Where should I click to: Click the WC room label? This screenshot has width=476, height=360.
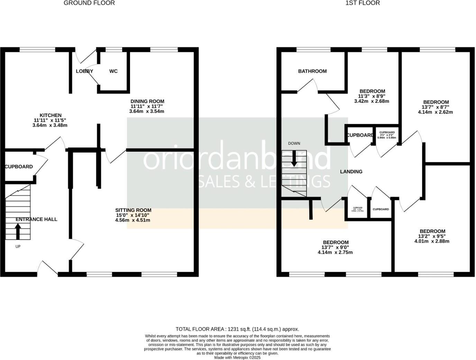tap(113, 71)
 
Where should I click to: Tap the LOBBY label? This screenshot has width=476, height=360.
tap(84, 71)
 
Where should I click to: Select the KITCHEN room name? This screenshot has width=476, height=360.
tap(51, 115)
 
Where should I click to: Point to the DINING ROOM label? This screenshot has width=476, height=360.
tap(147, 101)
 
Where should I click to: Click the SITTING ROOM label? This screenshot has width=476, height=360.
tap(133, 210)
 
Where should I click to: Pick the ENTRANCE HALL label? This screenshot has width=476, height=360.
tap(36, 219)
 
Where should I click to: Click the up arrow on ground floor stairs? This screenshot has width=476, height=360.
tap(18, 231)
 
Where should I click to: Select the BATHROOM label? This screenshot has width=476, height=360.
tap(312, 71)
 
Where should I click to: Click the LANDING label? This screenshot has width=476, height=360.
tap(351, 172)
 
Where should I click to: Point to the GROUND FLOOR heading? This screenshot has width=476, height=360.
tap(89, 3)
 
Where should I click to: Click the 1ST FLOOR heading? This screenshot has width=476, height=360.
tap(363, 3)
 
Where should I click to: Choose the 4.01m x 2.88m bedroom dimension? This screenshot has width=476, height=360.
tap(432, 241)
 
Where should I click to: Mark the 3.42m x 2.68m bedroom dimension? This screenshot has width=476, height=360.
tap(372, 101)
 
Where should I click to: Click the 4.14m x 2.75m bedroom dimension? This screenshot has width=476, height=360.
tap(335, 252)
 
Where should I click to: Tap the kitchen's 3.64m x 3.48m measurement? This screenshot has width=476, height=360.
tap(50, 125)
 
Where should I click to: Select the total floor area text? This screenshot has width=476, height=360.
tap(237, 329)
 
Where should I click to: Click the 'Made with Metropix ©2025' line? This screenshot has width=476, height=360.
tap(237, 358)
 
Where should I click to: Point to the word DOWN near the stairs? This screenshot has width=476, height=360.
tap(294, 143)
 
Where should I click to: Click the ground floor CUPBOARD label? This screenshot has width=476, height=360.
tap(19, 167)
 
